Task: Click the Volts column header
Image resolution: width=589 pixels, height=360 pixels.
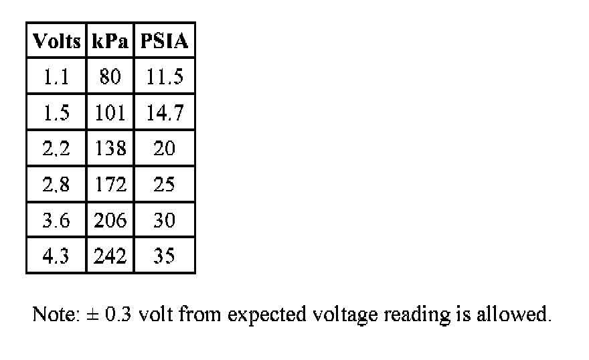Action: (x=56, y=42)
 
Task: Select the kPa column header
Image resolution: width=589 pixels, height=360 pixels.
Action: (x=110, y=42)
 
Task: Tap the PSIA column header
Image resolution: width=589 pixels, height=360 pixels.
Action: (x=165, y=42)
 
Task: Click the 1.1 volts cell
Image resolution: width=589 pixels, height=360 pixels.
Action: (x=56, y=77)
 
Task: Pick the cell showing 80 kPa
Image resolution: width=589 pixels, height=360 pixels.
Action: (x=110, y=77)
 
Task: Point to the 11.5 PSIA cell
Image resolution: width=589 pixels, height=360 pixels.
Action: (x=165, y=77)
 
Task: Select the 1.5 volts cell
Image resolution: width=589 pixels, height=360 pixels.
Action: (x=56, y=112)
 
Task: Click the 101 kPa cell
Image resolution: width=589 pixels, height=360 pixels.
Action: (x=110, y=112)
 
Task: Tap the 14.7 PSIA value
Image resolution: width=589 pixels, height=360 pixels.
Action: (x=165, y=112)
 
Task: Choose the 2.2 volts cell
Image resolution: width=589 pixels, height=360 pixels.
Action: (x=56, y=149)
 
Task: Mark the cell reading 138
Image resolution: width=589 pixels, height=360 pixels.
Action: (x=110, y=149)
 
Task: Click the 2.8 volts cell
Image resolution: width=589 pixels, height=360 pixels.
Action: (x=56, y=185)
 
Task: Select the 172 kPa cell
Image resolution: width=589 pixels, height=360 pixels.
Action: (x=110, y=185)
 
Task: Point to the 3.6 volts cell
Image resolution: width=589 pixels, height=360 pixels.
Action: (x=56, y=220)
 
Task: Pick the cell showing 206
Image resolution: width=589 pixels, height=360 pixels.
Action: (x=110, y=220)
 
